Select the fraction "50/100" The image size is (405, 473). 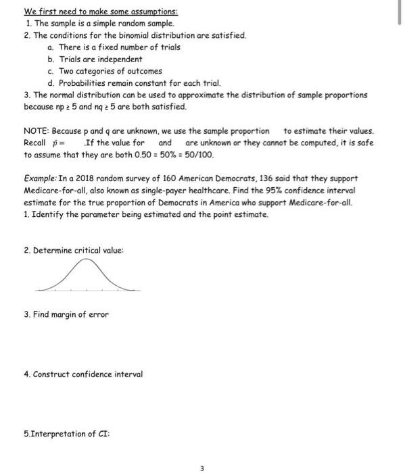200,155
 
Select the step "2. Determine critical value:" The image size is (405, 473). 74,250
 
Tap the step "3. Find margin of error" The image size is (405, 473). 66,314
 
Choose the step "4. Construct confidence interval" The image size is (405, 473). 82,374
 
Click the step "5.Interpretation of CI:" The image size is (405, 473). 62,433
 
